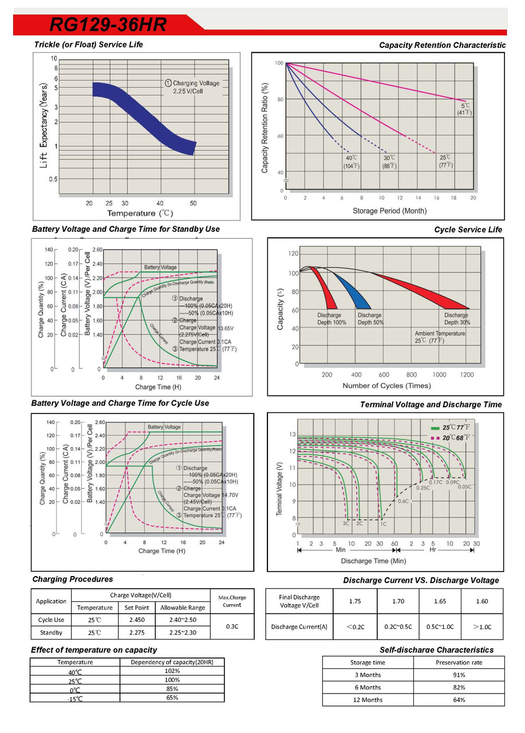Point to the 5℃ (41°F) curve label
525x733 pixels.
click(x=464, y=109)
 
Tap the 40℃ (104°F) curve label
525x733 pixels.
click(x=351, y=161)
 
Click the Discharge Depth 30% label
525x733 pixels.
click(x=456, y=319)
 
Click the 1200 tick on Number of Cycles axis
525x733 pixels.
click(x=467, y=375)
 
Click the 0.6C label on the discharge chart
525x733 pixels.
click(x=403, y=501)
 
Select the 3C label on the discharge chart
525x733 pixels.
click(x=346, y=523)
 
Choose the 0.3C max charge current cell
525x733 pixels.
click(x=232, y=626)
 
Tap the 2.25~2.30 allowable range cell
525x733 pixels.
click(x=182, y=633)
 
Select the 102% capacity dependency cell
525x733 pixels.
click(x=172, y=671)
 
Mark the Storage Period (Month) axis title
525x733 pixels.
click(x=389, y=211)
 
